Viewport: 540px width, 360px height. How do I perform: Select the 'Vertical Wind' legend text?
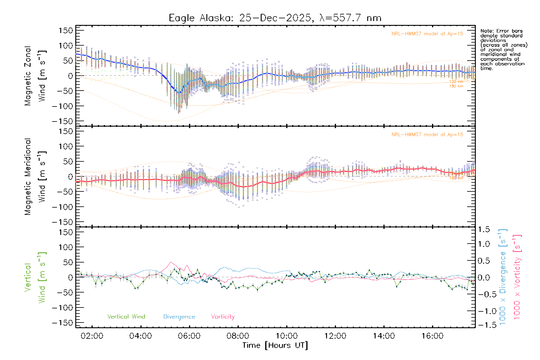(126, 316)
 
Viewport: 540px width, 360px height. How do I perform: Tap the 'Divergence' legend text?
(179, 316)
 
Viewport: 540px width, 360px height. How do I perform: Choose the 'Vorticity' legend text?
(223, 316)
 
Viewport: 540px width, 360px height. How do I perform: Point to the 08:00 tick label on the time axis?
(238, 336)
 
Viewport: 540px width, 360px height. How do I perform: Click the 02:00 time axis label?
(92, 336)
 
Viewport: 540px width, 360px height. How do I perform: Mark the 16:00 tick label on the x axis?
(432, 336)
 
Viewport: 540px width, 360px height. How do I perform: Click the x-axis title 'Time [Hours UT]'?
(275, 345)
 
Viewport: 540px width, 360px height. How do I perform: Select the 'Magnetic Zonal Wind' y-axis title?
(35, 76)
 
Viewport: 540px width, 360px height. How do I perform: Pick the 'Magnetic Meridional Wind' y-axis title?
(35, 177)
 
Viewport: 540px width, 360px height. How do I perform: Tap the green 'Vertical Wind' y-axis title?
(35, 277)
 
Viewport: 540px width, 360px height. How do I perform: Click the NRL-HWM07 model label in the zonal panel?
(427, 34)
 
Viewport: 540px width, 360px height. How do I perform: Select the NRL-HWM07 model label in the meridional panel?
(427, 135)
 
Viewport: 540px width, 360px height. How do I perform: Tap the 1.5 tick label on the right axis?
(484, 229)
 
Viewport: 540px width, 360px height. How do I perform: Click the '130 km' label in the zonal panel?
(456, 86)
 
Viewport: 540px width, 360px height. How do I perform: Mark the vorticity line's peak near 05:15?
(171, 262)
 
